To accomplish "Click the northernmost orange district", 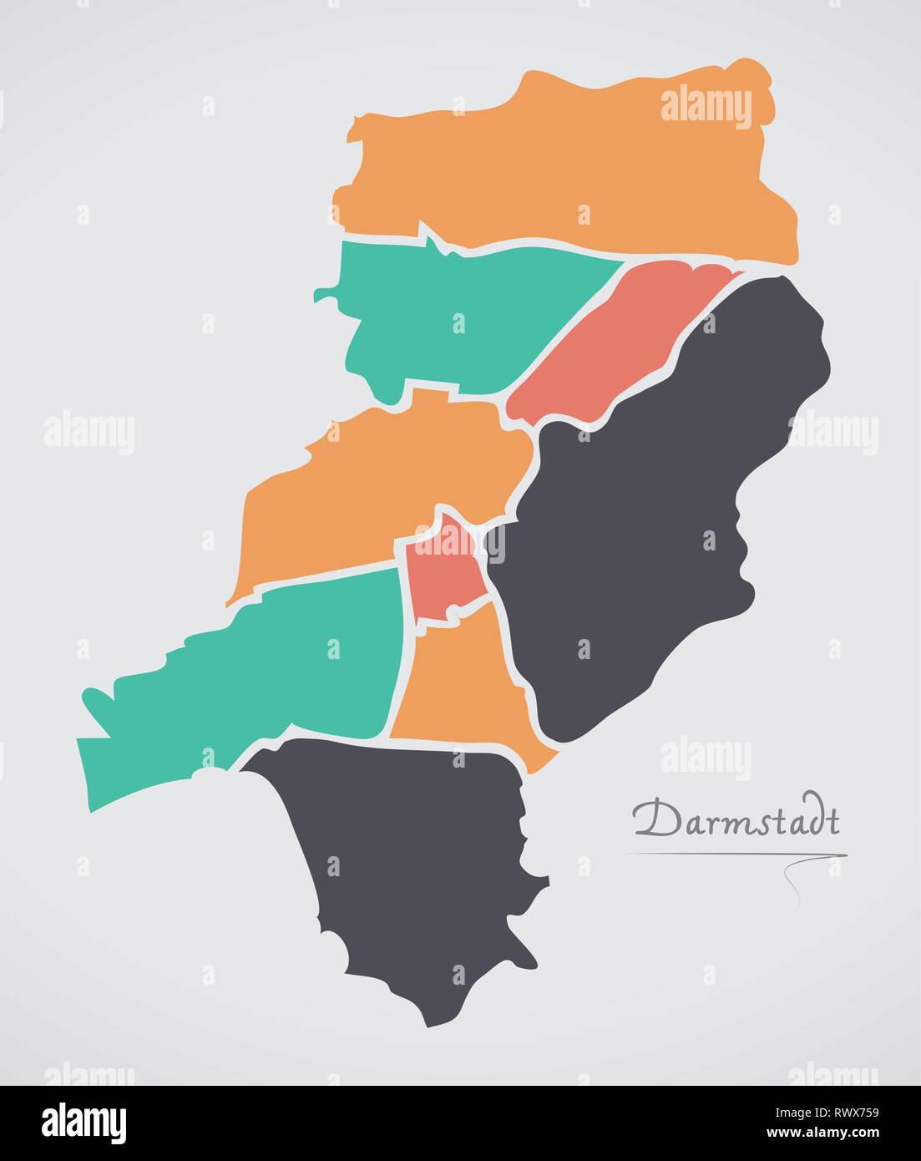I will pyautogui.click(x=568, y=167).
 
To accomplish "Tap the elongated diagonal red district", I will pyautogui.click(x=618, y=342).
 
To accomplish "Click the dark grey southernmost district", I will pyautogui.click(x=417, y=869).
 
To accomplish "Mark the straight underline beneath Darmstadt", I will pyautogui.click(x=735, y=854).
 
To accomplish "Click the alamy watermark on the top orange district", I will pyautogui.click(x=706, y=108).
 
